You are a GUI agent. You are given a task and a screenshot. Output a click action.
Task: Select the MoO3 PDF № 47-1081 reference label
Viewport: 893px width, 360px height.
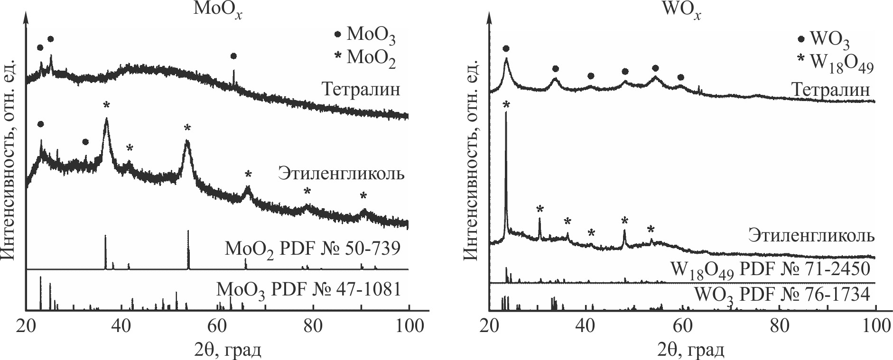pyautogui.click(x=309, y=289)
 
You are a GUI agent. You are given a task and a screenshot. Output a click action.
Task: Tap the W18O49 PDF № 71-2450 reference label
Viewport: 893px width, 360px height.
pyautogui.click(x=770, y=269)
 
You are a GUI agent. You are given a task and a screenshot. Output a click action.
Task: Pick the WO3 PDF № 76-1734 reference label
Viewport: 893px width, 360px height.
pyautogui.click(x=782, y=295)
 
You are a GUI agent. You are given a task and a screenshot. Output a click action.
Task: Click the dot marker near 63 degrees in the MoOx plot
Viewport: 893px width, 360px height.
pyautogui.click(x=233, y=56)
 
